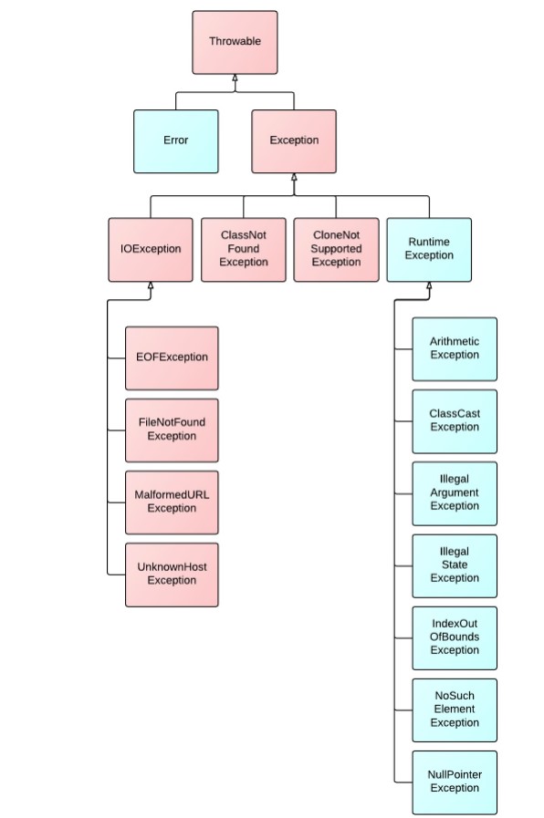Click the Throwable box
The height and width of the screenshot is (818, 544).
[235, 42]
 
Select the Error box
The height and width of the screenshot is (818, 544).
[176, 140]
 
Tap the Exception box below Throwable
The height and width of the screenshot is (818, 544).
[294, 140]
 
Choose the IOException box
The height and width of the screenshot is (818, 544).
[151, 249]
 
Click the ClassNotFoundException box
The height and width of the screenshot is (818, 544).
[244, 249]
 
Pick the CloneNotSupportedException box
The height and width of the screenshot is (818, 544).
[336, 249]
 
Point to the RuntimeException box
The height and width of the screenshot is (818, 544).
[429, 249]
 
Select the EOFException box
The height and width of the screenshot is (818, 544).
[172, 357]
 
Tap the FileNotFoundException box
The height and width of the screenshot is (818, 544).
[172, 430]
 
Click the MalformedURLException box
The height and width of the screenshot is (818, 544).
[172, 502]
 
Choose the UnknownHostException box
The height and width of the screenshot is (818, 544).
[172, 575]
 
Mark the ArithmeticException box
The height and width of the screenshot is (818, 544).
[455, 349]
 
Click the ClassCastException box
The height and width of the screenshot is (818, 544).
[455, 421]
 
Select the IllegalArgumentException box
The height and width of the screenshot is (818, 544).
[455, 493]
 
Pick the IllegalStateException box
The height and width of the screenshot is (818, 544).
[455, 565]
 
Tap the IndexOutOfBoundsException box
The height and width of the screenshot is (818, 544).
[455, 637]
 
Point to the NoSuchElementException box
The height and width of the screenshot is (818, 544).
[455, 709]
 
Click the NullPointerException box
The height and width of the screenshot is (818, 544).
[455, 782]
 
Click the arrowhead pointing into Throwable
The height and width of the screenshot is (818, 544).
[235, 78]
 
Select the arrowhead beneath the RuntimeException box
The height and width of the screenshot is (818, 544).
[429, 285]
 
